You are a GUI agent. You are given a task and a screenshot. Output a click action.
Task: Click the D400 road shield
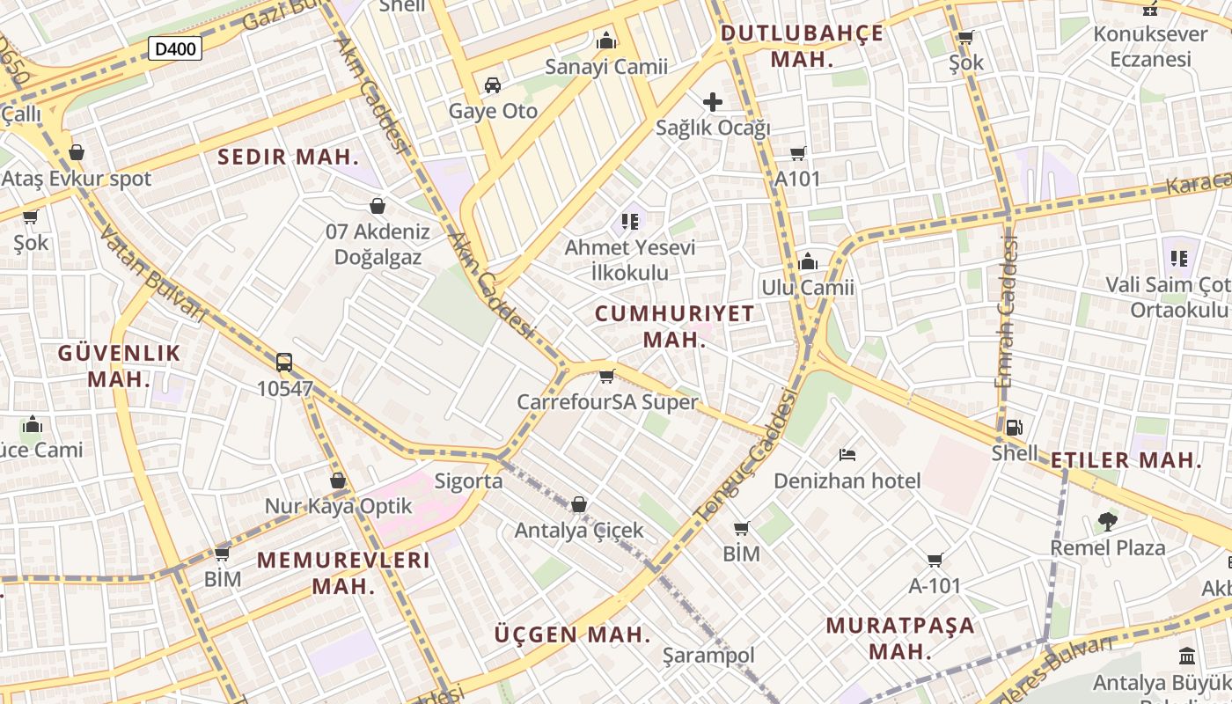point(174,48)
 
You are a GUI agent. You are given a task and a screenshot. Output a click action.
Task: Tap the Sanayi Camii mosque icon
point(606,40)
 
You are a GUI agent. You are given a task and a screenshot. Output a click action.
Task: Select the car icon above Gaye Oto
point(493,85)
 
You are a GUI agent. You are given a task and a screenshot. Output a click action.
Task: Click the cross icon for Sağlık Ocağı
point(713,102)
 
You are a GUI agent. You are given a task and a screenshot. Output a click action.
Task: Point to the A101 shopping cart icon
point(798,154)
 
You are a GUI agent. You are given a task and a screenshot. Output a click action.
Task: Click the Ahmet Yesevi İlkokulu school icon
point(629,221)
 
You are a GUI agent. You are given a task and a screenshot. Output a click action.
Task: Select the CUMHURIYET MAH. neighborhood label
point(675,326)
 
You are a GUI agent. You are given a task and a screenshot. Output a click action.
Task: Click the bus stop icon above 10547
point(284,362)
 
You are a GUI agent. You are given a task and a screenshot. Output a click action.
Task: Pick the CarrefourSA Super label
point(606,402)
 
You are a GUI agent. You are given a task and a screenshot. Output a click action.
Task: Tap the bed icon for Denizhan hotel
point(847,455)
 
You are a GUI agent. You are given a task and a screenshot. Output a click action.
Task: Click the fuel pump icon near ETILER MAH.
point(1015,428)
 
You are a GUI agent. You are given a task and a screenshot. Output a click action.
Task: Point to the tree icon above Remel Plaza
point(1107,522)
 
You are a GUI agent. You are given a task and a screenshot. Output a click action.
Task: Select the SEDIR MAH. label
point(288,158)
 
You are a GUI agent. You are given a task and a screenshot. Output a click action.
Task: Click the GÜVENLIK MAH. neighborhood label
point(120,366)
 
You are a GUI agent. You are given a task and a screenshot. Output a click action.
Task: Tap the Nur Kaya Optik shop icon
point(338,480)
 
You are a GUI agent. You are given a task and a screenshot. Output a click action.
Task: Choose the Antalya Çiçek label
point(579,531)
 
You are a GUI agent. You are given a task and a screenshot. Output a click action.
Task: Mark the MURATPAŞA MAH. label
point(900,638)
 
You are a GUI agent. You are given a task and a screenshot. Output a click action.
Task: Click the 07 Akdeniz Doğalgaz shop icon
point(378,206)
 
